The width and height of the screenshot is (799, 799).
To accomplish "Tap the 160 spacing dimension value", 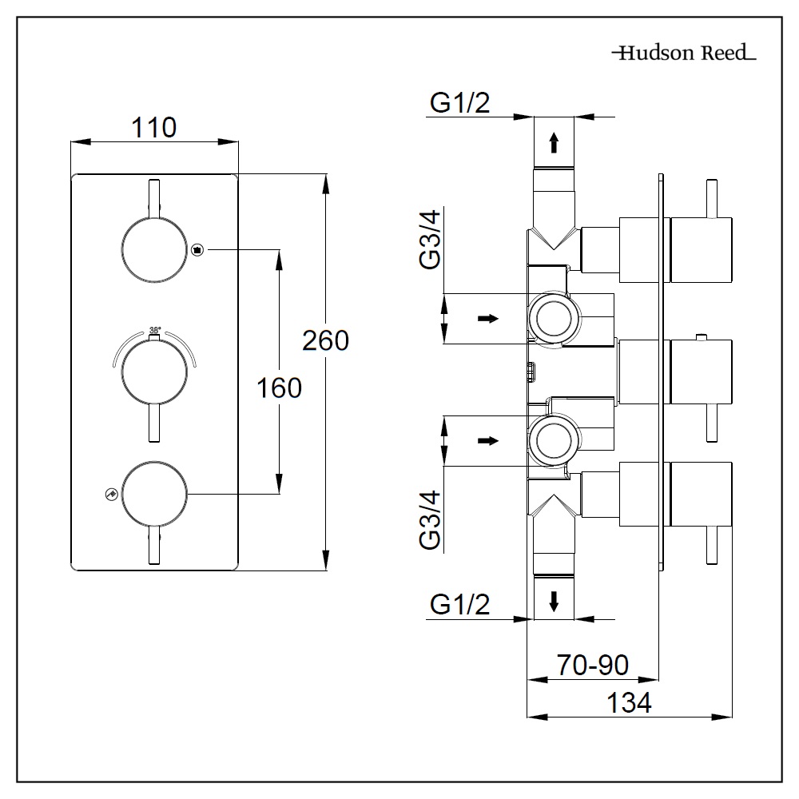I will pos(279,388).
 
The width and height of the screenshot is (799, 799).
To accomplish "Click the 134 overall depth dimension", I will pos(629,703).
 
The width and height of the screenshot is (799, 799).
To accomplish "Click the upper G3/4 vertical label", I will pos(431,239).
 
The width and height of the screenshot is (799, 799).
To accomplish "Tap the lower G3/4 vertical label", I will pos(431,519).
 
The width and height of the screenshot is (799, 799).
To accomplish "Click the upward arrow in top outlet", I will pos(553,143).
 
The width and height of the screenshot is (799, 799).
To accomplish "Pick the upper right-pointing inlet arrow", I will pos(487,318).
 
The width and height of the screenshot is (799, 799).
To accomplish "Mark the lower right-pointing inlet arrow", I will pos(487,440).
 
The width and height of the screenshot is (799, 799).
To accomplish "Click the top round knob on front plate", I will pos(155,249).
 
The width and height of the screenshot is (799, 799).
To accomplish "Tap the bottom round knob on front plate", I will pos(155,495).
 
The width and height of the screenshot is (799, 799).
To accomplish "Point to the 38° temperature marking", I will pos(155,330).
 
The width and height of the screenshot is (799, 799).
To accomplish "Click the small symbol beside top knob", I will pos(198,249).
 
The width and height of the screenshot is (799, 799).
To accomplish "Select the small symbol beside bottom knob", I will pos(110,495).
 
